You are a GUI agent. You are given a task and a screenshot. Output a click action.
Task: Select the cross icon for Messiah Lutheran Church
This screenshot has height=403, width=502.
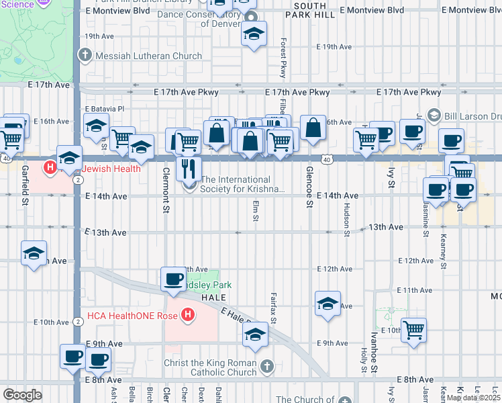coord(85,56)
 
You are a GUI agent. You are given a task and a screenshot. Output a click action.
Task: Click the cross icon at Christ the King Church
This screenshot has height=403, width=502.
coord(268,367)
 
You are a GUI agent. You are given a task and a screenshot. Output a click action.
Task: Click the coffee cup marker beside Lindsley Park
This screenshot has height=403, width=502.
coord(173,279)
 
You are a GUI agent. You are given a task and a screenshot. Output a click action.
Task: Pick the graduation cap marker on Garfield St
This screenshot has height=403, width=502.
coord(34,253)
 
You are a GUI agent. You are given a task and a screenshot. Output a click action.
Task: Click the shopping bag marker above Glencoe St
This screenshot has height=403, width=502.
coord(313,128)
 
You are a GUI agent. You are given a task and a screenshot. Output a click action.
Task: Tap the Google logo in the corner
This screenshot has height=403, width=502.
coord(21,394)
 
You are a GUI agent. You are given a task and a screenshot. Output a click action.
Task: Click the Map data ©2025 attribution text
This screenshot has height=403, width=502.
coord(473,398)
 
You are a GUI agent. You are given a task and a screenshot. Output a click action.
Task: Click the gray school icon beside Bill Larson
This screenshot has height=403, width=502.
coord(433,115)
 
